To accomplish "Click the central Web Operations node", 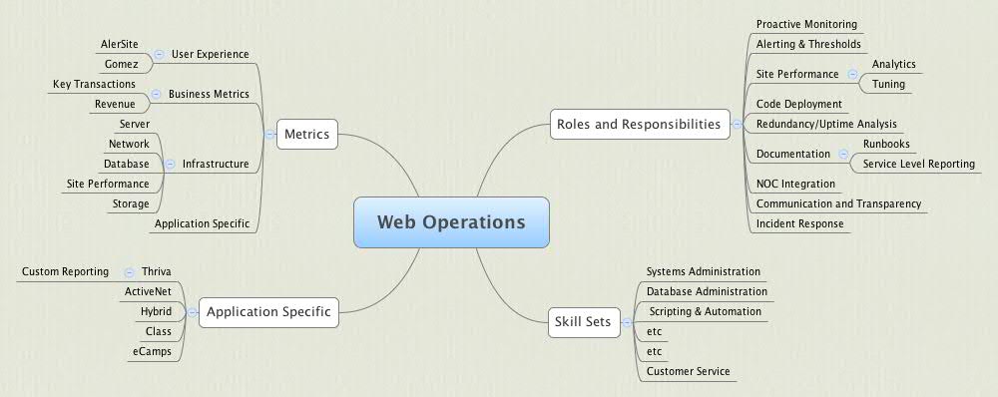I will tap(451, 222).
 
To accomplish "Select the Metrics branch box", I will tap(306, 133).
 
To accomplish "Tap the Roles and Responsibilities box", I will tap(637, 125).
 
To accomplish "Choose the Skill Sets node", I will tap(582, 321).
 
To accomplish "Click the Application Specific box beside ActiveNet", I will tap(267, 312).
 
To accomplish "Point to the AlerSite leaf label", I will tap(120, 45).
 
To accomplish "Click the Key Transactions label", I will tap(94, 85).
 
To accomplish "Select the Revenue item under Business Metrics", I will tap(115, 104).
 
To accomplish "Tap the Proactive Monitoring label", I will tap(806, 24).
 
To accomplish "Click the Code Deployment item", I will tap(799, 104).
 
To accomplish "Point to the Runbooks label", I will tap(886, 144).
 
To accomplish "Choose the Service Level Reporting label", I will tap(918, 164).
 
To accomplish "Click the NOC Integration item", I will tap(795, 184).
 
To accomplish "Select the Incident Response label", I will tap(800, 223).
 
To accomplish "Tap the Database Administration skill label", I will tap(707, 291).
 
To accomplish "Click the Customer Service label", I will tap(688, 371).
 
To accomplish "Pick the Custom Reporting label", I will tap(65, 271).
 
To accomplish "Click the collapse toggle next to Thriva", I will tap(130, 271).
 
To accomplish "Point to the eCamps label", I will tap(152, 351).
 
